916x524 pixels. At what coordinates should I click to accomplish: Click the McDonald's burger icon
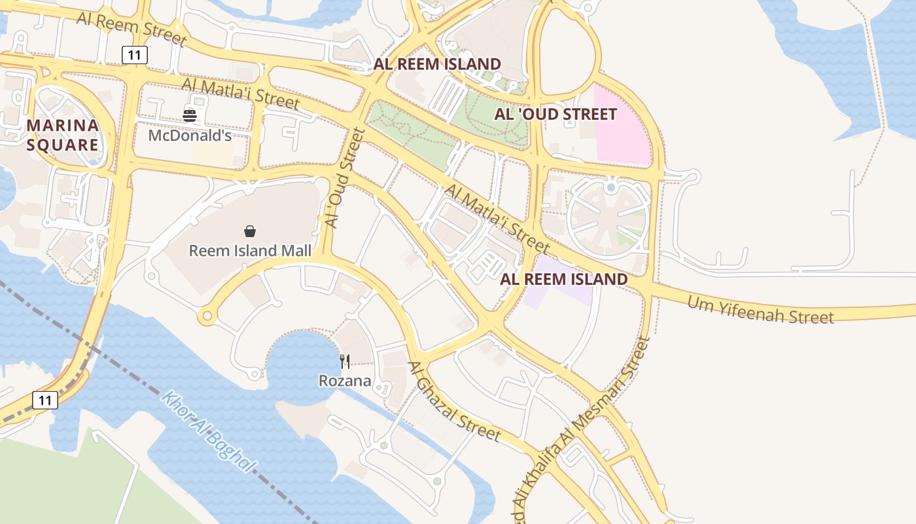190,116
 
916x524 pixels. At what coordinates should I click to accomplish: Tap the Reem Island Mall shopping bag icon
249,231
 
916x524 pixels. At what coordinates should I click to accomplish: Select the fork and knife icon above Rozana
345,361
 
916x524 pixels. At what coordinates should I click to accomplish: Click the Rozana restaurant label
345,381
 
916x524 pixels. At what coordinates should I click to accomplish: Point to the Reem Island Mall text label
250,251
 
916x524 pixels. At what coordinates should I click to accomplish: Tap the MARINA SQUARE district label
63,135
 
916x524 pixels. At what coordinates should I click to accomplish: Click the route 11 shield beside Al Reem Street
135,55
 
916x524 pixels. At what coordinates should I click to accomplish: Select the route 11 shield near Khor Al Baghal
44,400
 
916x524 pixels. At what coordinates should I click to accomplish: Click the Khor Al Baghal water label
207,432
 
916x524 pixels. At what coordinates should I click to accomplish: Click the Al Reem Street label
132,28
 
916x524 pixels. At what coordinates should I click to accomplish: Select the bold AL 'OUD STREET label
555,115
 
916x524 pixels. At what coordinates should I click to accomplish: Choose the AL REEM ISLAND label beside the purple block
563,280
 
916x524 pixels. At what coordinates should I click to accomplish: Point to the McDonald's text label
190,136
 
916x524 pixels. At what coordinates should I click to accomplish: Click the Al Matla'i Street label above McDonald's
240,94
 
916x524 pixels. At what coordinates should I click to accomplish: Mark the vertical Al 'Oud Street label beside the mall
344,178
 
